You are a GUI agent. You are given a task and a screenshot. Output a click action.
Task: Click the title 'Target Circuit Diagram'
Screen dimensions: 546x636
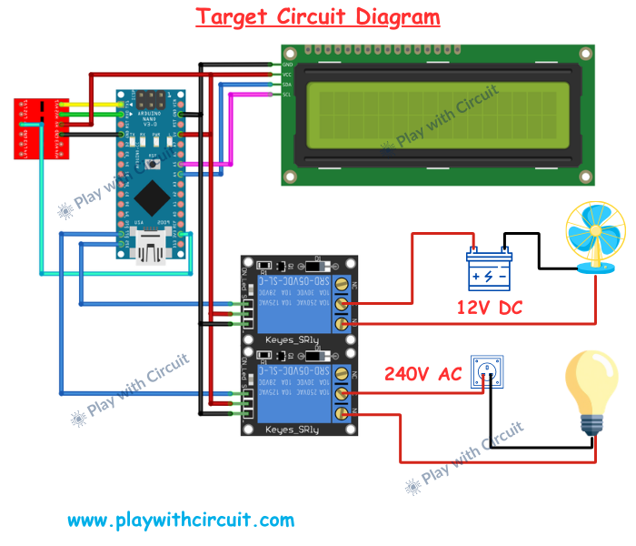click(x=318, y=16)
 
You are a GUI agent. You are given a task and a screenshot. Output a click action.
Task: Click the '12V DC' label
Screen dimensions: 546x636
click(x=490, y=308)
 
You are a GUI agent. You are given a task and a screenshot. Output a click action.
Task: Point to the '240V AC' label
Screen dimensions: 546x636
click(x=422, y=373)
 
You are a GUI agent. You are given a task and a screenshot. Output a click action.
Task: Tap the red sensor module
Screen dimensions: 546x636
click(x=35, y=128)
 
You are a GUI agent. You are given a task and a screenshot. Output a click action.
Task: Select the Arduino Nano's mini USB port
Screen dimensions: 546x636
click(x=150, y=244)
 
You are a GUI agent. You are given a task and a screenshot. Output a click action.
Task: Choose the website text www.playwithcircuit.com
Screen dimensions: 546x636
click(x=181, y=521)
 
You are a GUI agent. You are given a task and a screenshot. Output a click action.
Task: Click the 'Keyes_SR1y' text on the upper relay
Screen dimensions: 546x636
click(x=292, y=339)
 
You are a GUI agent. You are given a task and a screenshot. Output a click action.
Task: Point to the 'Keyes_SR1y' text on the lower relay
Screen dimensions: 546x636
click(x=292, y=428)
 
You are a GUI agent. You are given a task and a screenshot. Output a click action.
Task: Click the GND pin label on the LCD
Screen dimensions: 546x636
click(x=287, y=65)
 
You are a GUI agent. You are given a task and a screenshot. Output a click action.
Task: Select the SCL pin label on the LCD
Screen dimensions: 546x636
click(x=287, y=95)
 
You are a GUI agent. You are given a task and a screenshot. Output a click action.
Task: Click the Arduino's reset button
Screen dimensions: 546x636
click(x=151, y=164)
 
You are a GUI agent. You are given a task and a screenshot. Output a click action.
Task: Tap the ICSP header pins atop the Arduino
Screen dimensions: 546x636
click(x=152, y=96)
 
